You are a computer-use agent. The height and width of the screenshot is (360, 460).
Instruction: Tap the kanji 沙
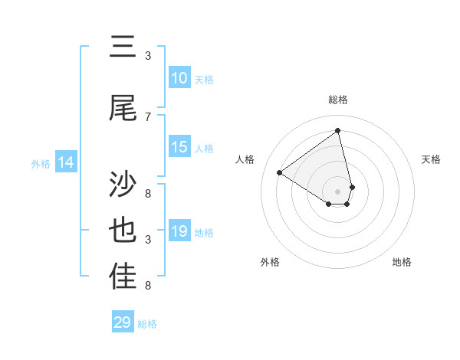(x=123, y=185)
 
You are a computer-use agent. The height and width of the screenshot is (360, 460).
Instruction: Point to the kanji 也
(x=123, y=231)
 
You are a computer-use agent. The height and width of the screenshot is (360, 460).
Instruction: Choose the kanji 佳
(x=123, y=277)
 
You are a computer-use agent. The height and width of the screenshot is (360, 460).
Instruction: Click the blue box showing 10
(x=179, y=78)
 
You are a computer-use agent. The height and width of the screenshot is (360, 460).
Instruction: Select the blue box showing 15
(x=179, y=147)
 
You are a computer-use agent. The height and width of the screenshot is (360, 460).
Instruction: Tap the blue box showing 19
(x=179, y=231)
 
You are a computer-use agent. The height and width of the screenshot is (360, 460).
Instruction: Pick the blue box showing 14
(x=66, y=162)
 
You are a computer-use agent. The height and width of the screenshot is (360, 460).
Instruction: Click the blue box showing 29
(x=123, y=322)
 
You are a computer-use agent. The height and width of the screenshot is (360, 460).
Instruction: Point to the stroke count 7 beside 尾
(x=148, y=116)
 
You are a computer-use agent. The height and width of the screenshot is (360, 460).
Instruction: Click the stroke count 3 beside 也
(x=148, y=240)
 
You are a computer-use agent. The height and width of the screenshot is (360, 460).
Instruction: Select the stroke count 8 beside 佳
(x=148, y=286)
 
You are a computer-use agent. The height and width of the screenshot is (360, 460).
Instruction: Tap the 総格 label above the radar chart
(x=338, y=100)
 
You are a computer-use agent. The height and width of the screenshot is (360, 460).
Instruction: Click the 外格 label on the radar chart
(x=270, y=262)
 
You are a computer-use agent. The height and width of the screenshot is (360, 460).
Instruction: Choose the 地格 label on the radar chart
(x=402, y=262)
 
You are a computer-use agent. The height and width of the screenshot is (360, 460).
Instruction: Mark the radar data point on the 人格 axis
(x=280, y=172)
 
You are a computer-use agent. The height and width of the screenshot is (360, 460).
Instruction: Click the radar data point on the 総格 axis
(x=338, y=131)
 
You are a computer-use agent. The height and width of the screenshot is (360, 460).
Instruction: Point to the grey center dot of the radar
(x=338, y=191)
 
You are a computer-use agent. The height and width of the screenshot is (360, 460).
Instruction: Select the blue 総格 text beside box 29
(x=147, y=324)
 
